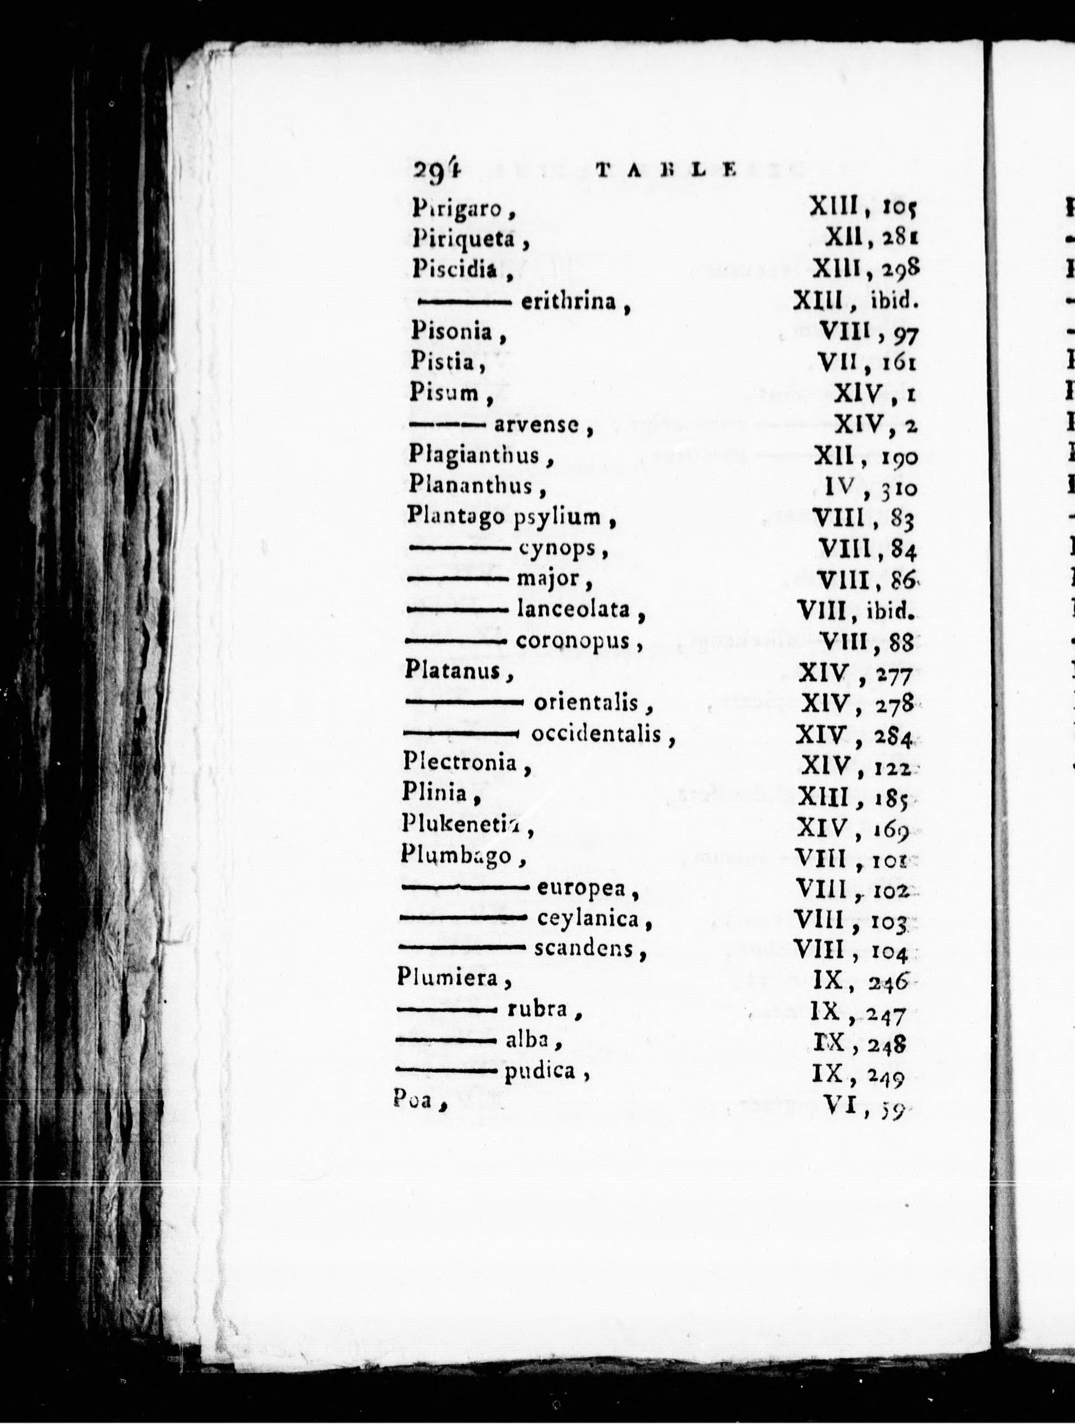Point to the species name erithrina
pyautogui.click(x=567, y=301)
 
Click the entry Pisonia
pyautogui.click(x=451, y=332)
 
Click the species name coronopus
pyautogui.click(x=572, y=641)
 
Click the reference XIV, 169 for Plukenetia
pyautogui.click(x=852, y=828)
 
